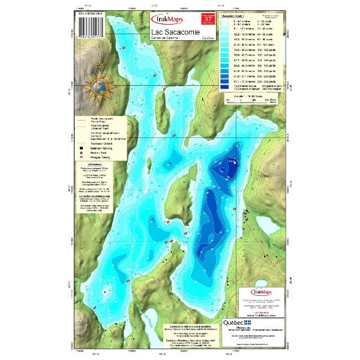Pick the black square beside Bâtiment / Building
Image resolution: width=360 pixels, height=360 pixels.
80,147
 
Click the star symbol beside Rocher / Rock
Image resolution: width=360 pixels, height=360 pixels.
80,154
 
